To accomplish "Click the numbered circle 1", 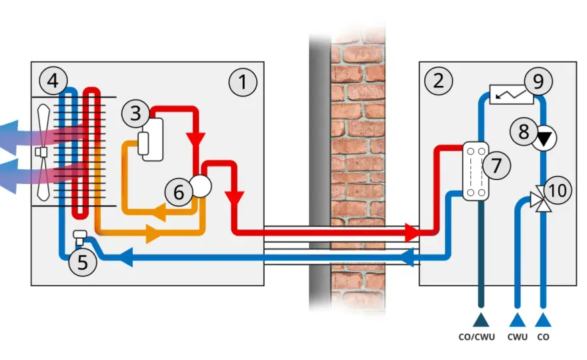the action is pyautogui.click(x=243, y=82).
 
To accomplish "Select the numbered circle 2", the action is pyautogui.click(x=438, y=81).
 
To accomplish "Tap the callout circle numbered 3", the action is pyautogui.click(x=135, y=113).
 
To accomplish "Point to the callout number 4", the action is pyautogui.click(x=53, y=81).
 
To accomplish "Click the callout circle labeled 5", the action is pyautogui.click(x=83, y=261).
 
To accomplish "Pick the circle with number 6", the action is pyautogui.click(x=179, y=192).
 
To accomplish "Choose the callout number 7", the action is pyautogui.click(x=496, y=165).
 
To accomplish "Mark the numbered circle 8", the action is pyautogui.click(x=524, y=131).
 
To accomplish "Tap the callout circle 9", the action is pyautogui.click(x=538, y=81).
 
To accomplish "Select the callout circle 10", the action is pyautogui.click(x=558, y=191).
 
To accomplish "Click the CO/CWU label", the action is pyautogui.click(x=476, y=337).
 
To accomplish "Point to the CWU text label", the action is pyautogui.click(x=518, y=337).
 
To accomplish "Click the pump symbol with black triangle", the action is pyautogui.click(x=545, y=139).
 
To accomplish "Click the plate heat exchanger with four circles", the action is pyautogui.click(x=476, y=171).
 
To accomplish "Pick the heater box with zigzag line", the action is pyautogui.click(x=512, y=95).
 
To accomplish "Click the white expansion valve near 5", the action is pyautogui.click(x=80, y=237).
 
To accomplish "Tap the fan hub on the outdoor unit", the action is pyautogui.click(x=41, y=152).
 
